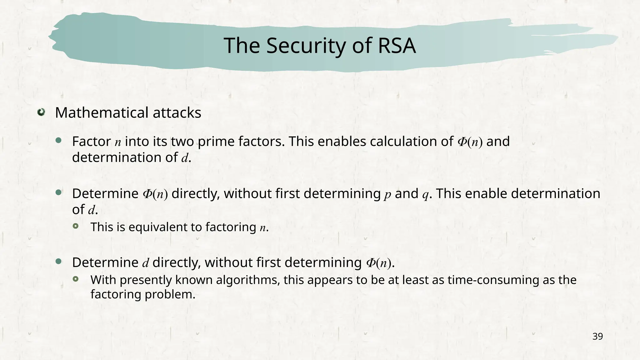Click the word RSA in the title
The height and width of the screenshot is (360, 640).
[x=397, y=46]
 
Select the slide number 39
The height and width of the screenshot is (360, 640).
[x=597, y=337]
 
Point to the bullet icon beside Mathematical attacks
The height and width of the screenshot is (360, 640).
[x=41, y=112]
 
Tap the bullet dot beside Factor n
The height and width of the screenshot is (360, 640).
[x=58, y=141]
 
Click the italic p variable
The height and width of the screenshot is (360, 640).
[x=387, y=194]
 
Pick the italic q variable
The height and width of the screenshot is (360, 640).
[x=425, y=194]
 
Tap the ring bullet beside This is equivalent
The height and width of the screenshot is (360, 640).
[x=76, y=226]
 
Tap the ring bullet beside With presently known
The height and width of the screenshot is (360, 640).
[x=76, y=279]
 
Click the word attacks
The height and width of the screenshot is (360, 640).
[x=177, y=113]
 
